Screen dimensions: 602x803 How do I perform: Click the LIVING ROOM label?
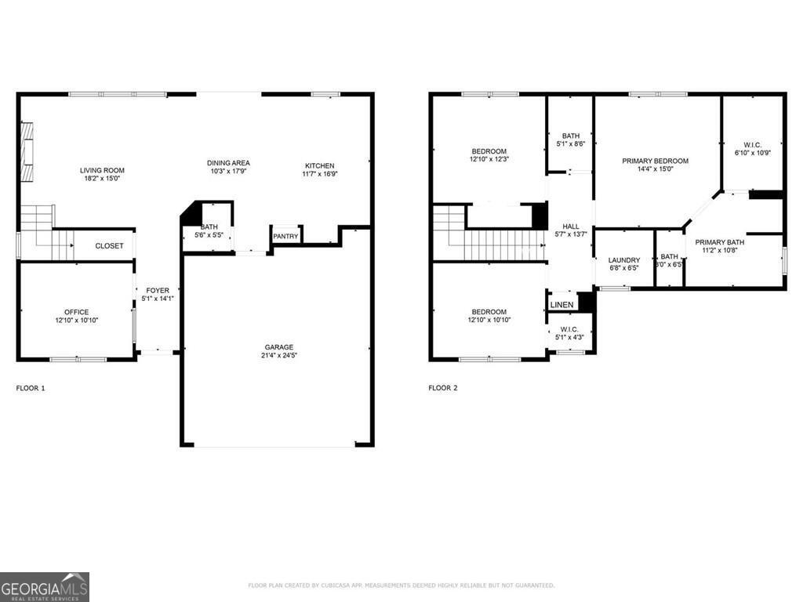pyautogui.click(x=102, y=170)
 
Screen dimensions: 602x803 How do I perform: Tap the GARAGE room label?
pyautogui.click(x=278, y=347)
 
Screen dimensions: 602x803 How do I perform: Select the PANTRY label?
pyautogui.click(x=285, y=236)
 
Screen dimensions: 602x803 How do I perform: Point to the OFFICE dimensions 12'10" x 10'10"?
pyautogui.click(x=77, y=320)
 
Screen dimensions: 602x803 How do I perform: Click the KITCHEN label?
pyautogui.click(x=320, y=165)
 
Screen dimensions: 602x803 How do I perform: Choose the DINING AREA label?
pyautogui.click(x=228, y=163)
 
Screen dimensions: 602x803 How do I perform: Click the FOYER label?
pyautogui.click(x=158, y=291)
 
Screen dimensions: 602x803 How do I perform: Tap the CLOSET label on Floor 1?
pyautogui.click(x=109, y=245)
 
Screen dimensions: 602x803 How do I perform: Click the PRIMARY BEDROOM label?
pyautogui.click(x=655, y=161)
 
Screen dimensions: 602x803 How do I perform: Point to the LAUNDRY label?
pyautogui.click(x=624, y=260)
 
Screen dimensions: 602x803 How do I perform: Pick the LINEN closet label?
pyautogui.click(x=561, y=305)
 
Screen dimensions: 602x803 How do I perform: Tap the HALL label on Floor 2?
pyautogui.click(x=570, y=227)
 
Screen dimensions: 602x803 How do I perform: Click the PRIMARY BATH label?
pyautogui.click(x=719, y=242)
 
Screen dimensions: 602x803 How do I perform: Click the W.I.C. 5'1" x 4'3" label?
pyautogui.click(x=569, y=333)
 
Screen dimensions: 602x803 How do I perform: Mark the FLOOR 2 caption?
pyautogui.click(x=443, y=388)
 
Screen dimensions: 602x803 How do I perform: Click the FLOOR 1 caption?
pyautogui.click(x=31, y=388)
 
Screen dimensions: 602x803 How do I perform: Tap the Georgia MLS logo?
pyautogui.click(x=45, y=587)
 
